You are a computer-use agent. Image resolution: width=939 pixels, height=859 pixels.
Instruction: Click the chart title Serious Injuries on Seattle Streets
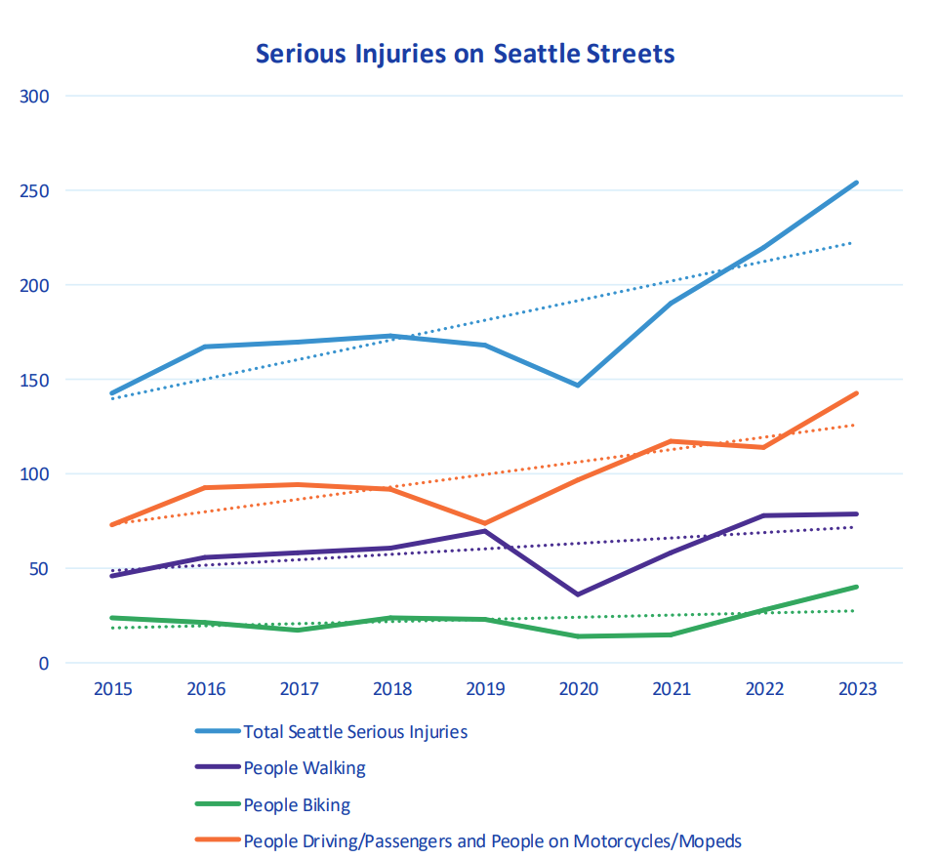pos(465,53)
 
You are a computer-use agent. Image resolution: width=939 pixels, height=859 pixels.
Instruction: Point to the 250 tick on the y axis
pos(37,190)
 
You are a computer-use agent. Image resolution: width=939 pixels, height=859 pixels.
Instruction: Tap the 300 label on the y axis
pos(37,96)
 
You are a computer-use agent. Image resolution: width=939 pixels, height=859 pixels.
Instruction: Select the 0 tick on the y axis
pos(45,663)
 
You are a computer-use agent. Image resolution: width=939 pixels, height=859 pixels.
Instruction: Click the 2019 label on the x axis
pos(484,689)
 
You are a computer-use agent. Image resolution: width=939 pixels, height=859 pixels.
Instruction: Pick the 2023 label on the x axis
pos(856,689)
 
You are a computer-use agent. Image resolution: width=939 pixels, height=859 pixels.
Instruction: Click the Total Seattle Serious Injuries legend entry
pos(355,731)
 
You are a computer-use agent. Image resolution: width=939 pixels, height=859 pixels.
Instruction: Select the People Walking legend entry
pos(305,768)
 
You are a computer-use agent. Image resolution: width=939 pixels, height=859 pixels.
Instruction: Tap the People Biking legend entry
pos(297,805)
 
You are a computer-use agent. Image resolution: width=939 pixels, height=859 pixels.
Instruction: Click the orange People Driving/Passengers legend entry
pos(493,841)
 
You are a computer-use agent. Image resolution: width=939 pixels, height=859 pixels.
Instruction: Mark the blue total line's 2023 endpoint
pos(856,183)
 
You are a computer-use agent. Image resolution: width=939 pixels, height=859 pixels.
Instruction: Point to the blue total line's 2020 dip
pos(578,385)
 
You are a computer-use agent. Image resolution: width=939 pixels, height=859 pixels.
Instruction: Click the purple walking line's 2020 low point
pos(578,594)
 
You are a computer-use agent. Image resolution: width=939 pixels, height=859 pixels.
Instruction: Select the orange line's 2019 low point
pos(484,523)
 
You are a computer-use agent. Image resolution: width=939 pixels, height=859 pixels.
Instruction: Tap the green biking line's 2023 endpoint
pos(856,587)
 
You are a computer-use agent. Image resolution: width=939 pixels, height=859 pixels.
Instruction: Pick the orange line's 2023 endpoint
pos(856,393)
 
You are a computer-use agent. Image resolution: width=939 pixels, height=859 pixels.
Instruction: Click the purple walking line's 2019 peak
pos(484,531)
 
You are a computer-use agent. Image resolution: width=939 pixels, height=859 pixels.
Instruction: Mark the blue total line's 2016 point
pos(205,347)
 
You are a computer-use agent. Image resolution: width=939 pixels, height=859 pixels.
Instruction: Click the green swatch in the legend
pos(217,805)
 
